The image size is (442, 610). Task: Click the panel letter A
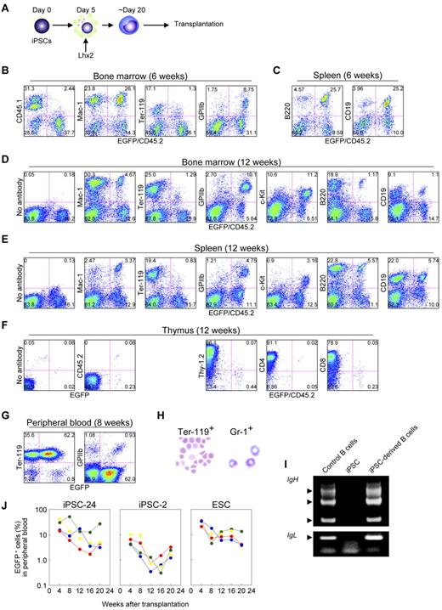7,7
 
